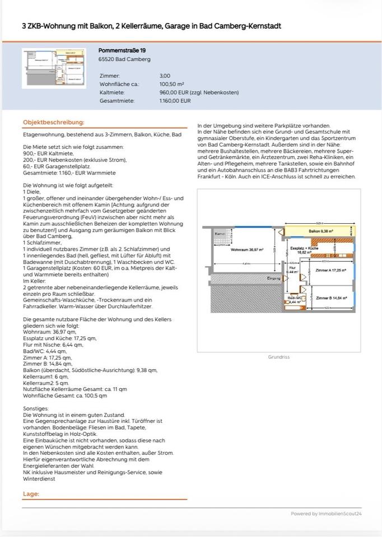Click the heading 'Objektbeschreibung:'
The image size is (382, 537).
[54, 122]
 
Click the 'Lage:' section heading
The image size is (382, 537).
[31, 494]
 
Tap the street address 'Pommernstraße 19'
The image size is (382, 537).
[122, 50]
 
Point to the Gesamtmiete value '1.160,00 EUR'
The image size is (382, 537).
[175, 101]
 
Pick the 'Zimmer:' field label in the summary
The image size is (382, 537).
[110, 76]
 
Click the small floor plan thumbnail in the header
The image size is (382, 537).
[52, 68]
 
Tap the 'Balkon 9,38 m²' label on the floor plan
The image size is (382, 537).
[321, 231]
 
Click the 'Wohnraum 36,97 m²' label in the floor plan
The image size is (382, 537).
[247, 250]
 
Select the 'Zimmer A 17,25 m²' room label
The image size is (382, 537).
[330, 270]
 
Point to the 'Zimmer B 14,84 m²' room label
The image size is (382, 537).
[330, 298]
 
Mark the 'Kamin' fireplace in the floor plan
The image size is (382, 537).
[221, 234]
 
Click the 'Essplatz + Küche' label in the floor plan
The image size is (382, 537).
[304, 249]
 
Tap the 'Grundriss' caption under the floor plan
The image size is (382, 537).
[278, 356]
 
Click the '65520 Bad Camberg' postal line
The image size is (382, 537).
[117, 59]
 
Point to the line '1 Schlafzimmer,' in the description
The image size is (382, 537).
[43, 243]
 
